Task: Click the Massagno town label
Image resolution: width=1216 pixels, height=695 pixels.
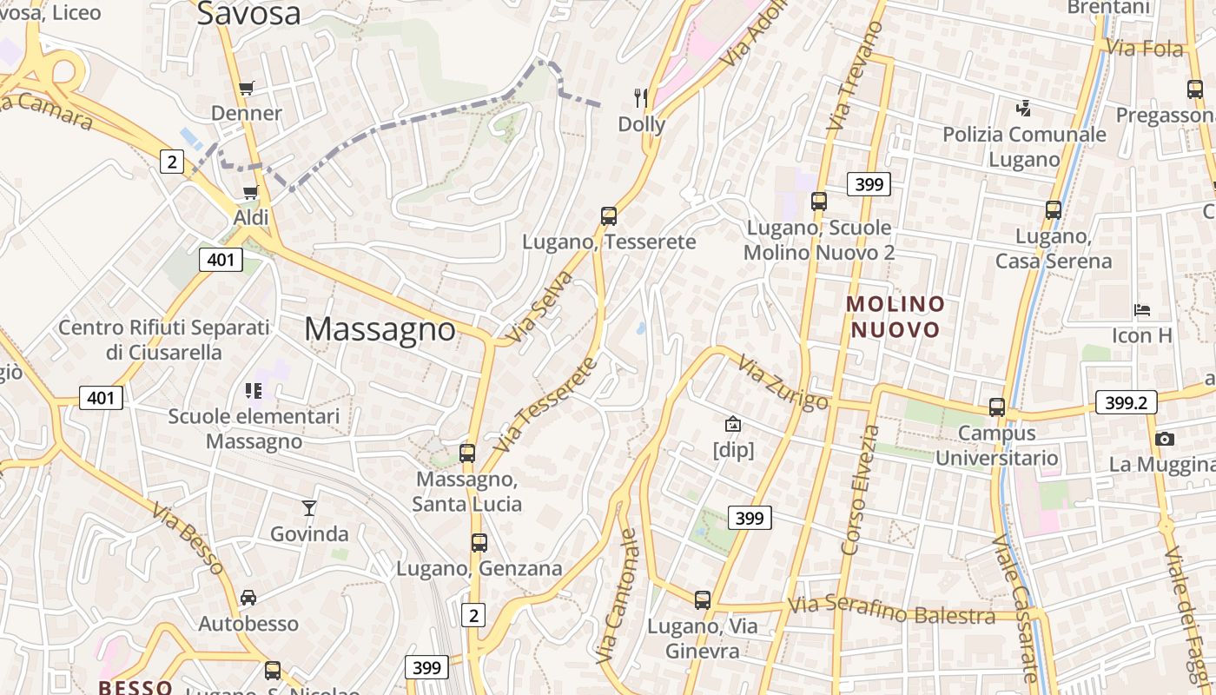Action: [380, 329]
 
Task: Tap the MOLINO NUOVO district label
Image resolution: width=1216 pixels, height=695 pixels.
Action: [895, 317]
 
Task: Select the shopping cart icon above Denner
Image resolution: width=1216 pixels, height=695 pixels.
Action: [247, 88]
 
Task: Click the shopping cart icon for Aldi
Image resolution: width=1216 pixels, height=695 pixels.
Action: [251, 192]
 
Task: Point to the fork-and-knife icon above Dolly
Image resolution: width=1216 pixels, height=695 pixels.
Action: [642, 97]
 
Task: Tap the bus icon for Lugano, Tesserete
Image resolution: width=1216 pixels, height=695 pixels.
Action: [609, 216]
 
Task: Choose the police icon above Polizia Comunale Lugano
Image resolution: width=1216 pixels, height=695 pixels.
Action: [1024, 109]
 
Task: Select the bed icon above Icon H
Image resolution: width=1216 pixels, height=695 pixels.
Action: [1142, 310]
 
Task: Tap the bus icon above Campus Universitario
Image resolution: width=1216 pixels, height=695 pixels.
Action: [997, 407]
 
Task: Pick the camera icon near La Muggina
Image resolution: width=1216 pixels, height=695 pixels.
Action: [1165, 439]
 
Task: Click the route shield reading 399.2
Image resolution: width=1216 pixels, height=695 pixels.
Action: [1127, 402]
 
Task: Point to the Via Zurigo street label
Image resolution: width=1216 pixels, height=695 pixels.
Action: [783, 383]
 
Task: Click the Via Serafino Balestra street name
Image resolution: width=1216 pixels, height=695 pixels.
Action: [891, 611]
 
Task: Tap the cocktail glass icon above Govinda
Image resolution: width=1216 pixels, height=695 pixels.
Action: [308, 508]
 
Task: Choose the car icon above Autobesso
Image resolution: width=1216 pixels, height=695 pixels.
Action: [248, 598]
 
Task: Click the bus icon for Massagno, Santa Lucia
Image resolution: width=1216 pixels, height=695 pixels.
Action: [467, 453]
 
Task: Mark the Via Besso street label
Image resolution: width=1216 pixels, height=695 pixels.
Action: [188, 538]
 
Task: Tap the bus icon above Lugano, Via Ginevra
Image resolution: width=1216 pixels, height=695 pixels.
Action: [703, 599]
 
